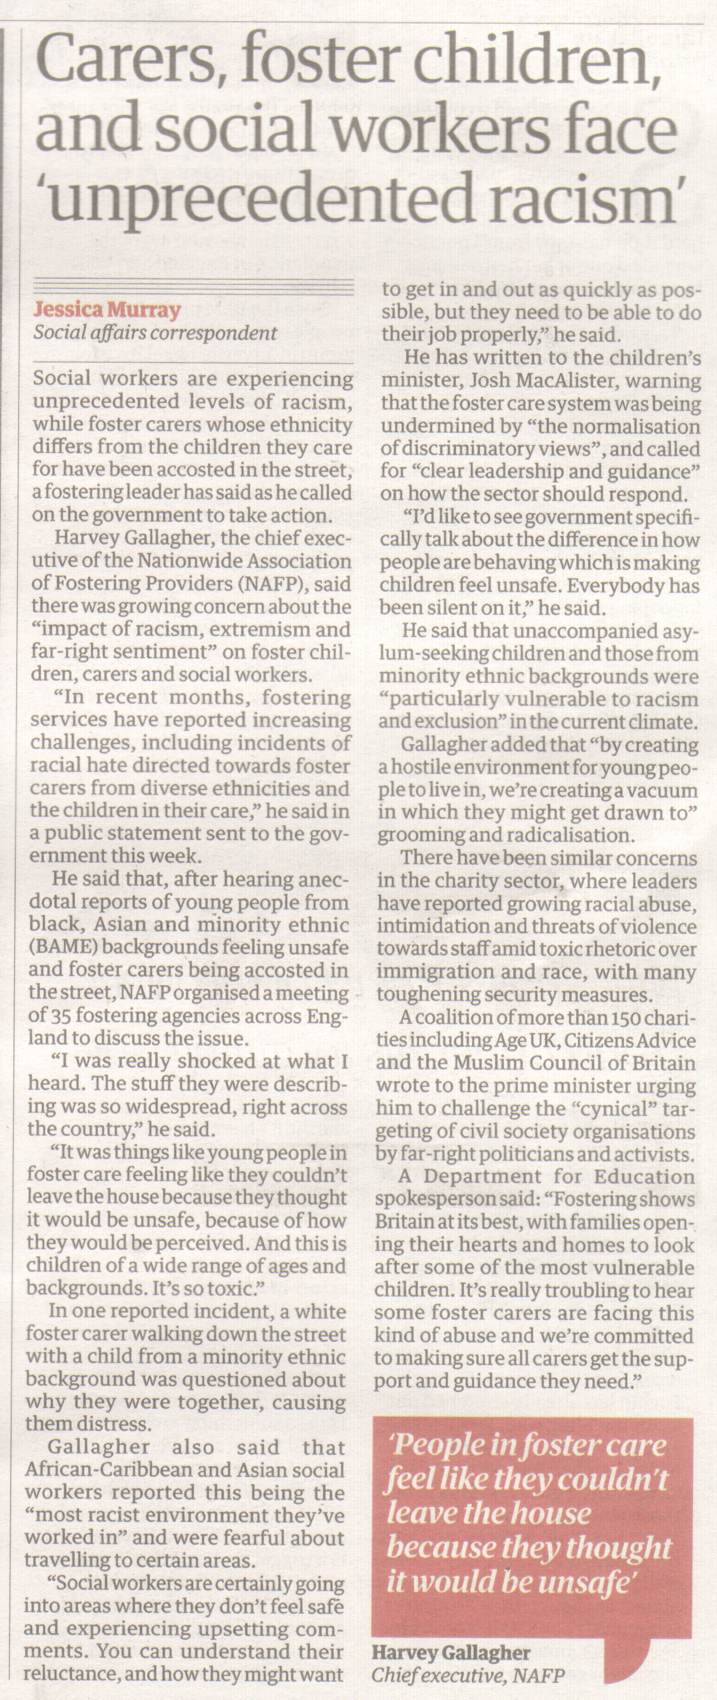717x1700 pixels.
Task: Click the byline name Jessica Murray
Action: coord(107,310)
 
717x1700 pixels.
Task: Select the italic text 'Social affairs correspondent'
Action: coord(156,333)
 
